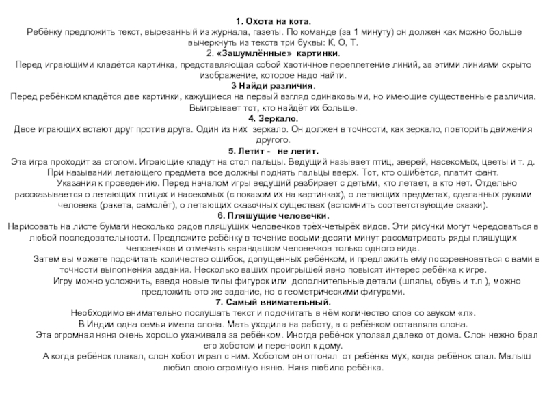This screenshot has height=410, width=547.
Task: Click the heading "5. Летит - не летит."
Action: click(273, 150)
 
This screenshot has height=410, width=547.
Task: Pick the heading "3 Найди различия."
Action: click(273, 86)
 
